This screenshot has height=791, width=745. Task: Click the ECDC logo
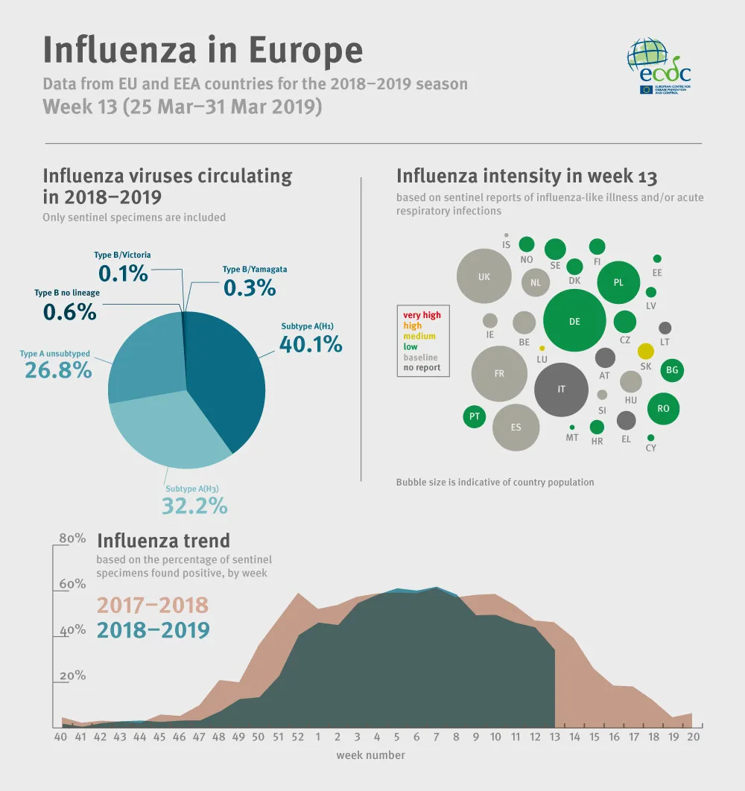(659, 67)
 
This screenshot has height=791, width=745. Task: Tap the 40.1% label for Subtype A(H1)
(311, 344)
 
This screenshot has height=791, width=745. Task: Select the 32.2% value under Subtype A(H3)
(194, 506)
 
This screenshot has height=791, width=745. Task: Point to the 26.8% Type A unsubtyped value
(58, 369)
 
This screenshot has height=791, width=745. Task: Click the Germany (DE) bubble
(574, 321)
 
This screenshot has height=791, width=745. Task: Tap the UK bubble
(484, 276)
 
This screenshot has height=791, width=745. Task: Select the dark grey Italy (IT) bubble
(562, 390)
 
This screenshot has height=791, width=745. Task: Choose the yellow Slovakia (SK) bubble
(646, 351)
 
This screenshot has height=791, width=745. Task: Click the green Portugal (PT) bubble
(474, 416)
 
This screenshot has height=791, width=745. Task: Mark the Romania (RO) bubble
(663, 408)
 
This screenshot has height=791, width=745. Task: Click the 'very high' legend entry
(422, 315)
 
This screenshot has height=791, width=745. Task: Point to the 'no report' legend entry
(422, 368)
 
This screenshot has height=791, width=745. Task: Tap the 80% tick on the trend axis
(72, 539)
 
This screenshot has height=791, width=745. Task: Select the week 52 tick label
(298, 737)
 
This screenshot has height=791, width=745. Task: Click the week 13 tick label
(554, 737)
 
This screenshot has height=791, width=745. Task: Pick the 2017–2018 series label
(152, 605)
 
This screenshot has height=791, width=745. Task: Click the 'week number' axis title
(370, 755)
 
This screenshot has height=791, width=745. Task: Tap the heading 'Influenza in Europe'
(203, 50)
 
